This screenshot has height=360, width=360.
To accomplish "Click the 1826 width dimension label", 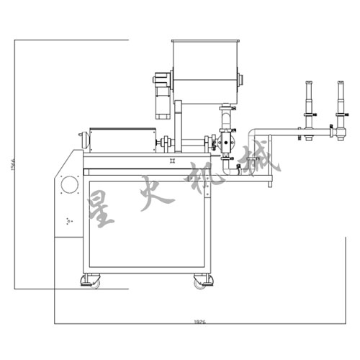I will point(200,323).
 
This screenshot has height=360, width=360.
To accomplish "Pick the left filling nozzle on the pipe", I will point(310,104).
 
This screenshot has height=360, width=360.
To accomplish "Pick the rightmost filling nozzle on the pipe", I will point(339,104).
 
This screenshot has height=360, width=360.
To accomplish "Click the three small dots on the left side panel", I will point(68,220).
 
